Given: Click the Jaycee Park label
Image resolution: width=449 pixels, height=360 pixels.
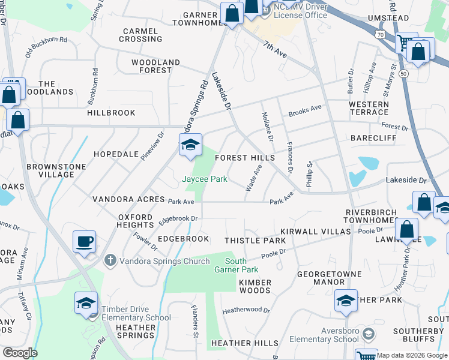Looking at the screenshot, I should (204, 179).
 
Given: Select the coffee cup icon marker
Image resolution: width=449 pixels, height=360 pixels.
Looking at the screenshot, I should (84, 242).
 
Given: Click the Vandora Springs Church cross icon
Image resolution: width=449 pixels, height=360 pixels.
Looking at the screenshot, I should (109, 260).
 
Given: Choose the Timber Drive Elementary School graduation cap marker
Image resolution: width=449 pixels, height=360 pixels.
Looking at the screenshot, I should (86, 304).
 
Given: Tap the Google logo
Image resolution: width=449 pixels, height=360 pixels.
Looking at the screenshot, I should (20, 353).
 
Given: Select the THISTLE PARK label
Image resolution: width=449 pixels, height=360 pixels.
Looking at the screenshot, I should (255, 241).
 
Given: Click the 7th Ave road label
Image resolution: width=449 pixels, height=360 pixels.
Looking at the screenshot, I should (274, 49).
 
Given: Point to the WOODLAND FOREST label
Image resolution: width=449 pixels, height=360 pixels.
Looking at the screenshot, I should (156, 66).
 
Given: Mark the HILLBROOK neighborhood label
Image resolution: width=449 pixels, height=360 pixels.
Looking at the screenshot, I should (112, 113).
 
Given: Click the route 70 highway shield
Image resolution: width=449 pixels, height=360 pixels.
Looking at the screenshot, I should (380, 35).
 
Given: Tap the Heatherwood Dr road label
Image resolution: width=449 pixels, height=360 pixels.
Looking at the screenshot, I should (246, 311).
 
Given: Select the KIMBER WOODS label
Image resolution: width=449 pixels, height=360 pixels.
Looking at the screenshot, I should (255, 286).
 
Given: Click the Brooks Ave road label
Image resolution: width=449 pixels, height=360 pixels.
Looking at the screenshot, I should (304, 111).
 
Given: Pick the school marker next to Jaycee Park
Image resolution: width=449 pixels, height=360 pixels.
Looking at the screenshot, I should (190, 146).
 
